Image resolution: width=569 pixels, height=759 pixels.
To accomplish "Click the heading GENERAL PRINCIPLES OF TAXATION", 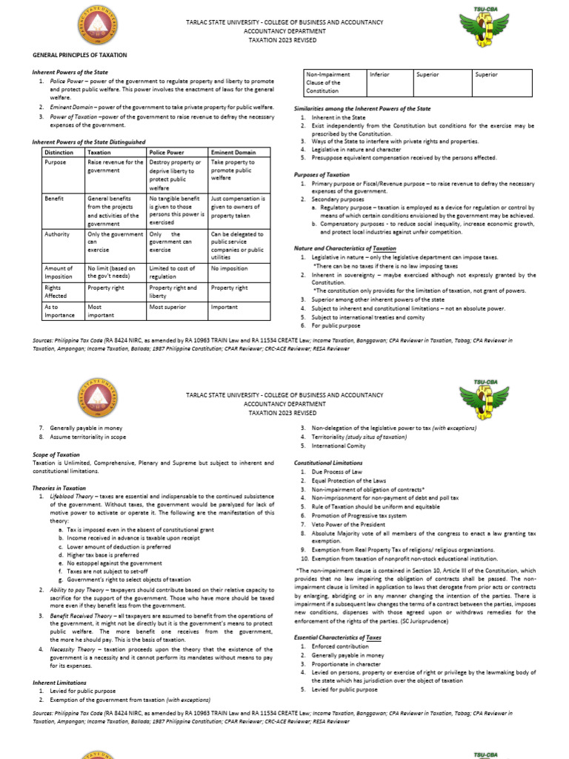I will (79, 55).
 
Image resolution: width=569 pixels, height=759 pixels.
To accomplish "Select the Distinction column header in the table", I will (59, 152).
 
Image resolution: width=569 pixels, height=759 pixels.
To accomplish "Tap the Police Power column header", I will (167, 152).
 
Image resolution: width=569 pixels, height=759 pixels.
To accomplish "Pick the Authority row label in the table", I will (59, 234).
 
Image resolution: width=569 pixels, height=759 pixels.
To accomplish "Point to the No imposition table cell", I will (227, 268).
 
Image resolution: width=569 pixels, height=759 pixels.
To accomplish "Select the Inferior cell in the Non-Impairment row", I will (380, 75).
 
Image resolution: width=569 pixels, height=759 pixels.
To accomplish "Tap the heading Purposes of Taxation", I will (322, 174).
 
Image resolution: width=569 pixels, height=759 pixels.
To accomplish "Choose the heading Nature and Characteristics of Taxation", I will (345, 248).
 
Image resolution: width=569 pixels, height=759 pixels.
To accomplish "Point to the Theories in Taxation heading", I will (59, 488).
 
